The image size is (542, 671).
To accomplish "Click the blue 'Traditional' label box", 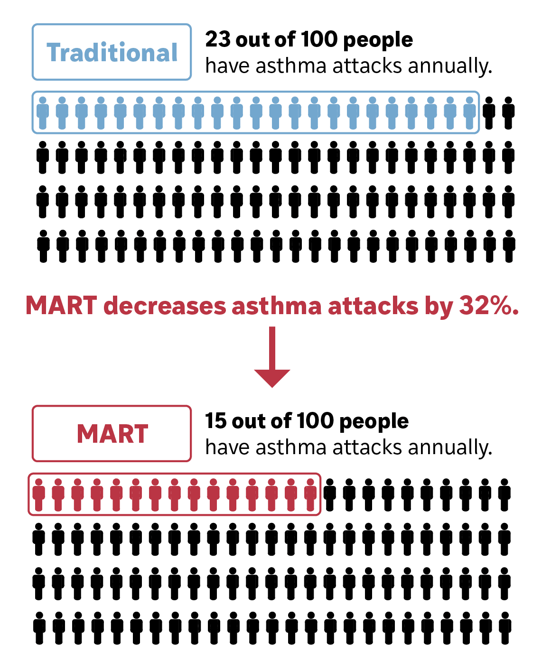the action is coord(112,52).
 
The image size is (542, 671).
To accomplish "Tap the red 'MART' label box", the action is coord(112,433).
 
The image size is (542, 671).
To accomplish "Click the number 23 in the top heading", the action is coord(217,40).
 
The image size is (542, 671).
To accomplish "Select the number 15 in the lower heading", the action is coord(215,421).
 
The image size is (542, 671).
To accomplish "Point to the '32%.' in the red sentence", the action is coord(489,306).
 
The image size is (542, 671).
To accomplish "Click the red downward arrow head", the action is coord(272,377).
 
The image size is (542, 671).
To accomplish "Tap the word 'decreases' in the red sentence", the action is coord(165,306).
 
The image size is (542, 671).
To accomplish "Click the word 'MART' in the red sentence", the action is coord(61,306).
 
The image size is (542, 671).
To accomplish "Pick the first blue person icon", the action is coord(43,113).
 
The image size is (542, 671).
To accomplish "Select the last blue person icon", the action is coord(469,113).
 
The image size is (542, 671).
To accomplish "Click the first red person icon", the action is coord(39,494).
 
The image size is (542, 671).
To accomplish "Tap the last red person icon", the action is coord(310,494).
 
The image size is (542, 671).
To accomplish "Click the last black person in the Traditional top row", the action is coord(508,113).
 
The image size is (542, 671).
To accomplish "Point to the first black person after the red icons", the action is coord(330,494).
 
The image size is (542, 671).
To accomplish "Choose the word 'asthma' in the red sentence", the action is coord(276,306).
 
